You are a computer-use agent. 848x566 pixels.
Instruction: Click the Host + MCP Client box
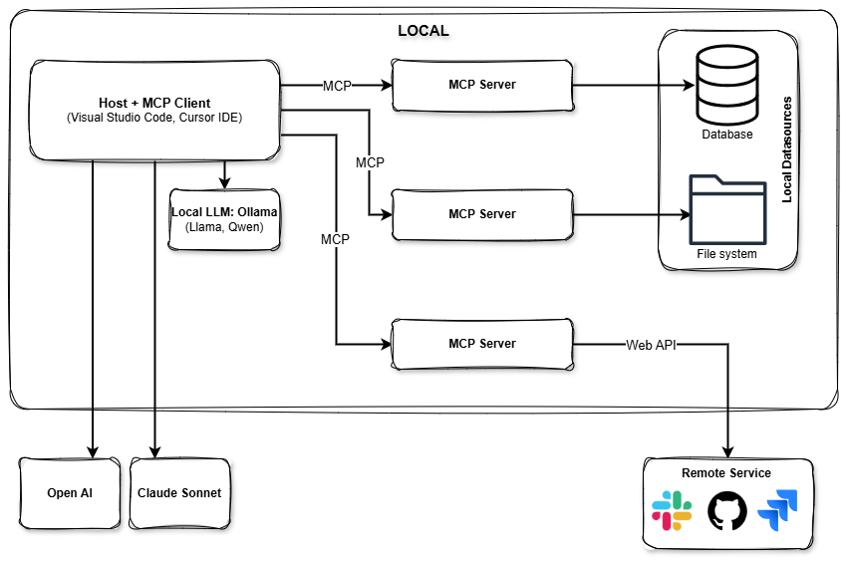coord(153,110)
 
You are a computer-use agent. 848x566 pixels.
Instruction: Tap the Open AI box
coord(70,493)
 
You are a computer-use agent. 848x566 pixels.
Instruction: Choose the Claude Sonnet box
coord(179,493)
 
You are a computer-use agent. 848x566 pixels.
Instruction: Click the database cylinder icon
coord(726,85)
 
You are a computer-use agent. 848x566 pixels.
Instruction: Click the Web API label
coord(651,346)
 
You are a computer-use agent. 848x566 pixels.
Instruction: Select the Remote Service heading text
coord(725,473)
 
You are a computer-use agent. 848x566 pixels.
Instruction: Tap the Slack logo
coord(672,511)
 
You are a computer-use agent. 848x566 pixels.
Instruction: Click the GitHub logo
coord(726,511)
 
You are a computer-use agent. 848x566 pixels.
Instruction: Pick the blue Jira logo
coord(778,512)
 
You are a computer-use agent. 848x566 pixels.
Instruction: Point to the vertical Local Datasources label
coord(787,149)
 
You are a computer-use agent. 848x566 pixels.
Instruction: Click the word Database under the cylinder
coord(726,135)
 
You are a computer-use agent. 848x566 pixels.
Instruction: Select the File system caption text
coord(726,254)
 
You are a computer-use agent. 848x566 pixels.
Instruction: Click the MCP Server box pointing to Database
coord(482,85)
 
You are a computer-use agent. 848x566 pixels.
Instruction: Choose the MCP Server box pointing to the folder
coord(482,214)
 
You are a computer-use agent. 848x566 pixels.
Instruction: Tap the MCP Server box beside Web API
coord(482,344)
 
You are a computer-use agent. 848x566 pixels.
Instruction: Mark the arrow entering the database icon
coord(679,86)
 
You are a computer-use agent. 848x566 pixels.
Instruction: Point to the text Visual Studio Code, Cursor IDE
coord(154,119)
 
